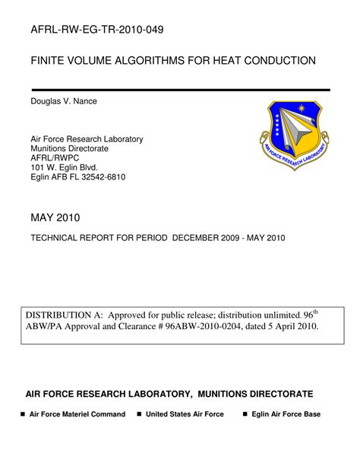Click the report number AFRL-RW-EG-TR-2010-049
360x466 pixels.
(96, 30)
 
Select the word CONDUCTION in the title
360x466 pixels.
(276, 60)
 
